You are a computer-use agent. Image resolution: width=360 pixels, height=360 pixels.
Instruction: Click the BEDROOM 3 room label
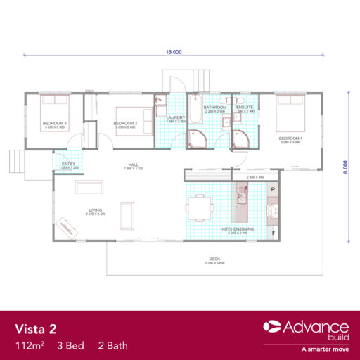(54, 124)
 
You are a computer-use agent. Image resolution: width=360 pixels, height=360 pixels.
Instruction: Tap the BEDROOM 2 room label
(124, 124)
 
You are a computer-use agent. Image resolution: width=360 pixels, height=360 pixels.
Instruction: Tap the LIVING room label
(96, 209)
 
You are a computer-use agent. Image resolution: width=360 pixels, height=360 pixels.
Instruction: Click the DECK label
(215, 259)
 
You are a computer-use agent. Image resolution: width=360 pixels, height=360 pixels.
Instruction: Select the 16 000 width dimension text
(174, 52)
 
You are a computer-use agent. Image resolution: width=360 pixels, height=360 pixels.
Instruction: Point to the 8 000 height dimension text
(345, 166)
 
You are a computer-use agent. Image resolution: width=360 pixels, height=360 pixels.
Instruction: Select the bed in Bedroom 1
(288, 110)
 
